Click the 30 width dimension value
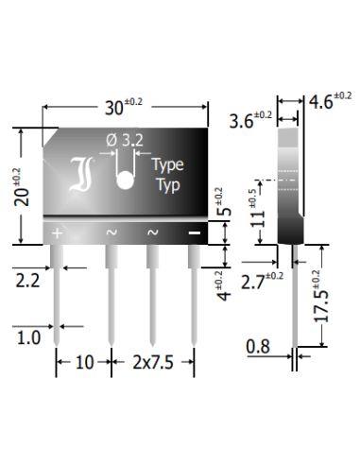pyautogui.click(x=124, y=107)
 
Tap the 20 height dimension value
pyautogui.click(x=21, y=187)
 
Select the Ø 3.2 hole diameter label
pyautogui.click(x=125, y=140)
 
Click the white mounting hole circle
pyautogui.click(x=125, y=181)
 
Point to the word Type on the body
pyautogui.click(x=167, y=165)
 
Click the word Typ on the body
pyautogui.click(x=168, y=185)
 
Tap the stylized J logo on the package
pyautogui.click(x=81, y=174)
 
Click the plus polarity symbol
pyautogui.click(x=57, y=233)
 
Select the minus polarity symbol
pyautogui.click(x=194, y=232)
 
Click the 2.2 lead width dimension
pyautogui.click(x=27, y=281)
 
